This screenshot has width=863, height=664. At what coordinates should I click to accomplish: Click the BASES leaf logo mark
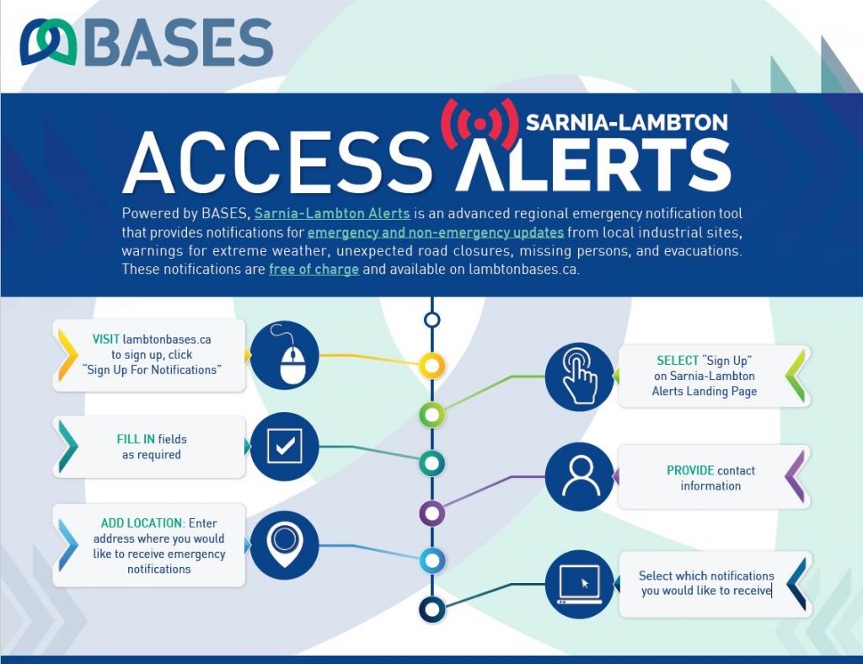pos(48,42)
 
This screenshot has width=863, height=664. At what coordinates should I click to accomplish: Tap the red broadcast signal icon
pos(480,124)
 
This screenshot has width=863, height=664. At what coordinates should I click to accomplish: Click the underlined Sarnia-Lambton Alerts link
pos(332,213)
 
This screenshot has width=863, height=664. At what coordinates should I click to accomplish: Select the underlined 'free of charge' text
pos(314,270)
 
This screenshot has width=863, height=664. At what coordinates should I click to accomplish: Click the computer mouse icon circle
pos(285,356)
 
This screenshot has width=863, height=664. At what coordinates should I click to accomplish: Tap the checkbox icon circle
pos(285,446)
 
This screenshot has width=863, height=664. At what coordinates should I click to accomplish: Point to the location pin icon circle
pos(285,544)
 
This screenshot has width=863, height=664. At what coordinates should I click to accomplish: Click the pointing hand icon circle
pos(579,377)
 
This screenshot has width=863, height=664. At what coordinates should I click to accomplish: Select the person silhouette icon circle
pos(579,476)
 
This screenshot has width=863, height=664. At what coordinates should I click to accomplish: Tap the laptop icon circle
pos(579,584)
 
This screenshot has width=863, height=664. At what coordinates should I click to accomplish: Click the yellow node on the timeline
pos(432,365)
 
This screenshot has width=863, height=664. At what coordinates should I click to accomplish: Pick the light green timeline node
pos(432,415)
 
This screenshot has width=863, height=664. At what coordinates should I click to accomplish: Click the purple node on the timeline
pos(432,514)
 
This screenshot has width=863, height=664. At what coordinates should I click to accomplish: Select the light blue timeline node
pos(432,561)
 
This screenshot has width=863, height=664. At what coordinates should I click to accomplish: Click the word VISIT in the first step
pos(105,339)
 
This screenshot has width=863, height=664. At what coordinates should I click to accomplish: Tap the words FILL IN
pos(136,439)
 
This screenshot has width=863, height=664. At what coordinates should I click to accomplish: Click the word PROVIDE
pos(690,470)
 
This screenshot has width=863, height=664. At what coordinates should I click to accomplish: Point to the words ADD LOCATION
pos(142,522)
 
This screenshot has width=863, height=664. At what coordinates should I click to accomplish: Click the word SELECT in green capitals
pos(678,361)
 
